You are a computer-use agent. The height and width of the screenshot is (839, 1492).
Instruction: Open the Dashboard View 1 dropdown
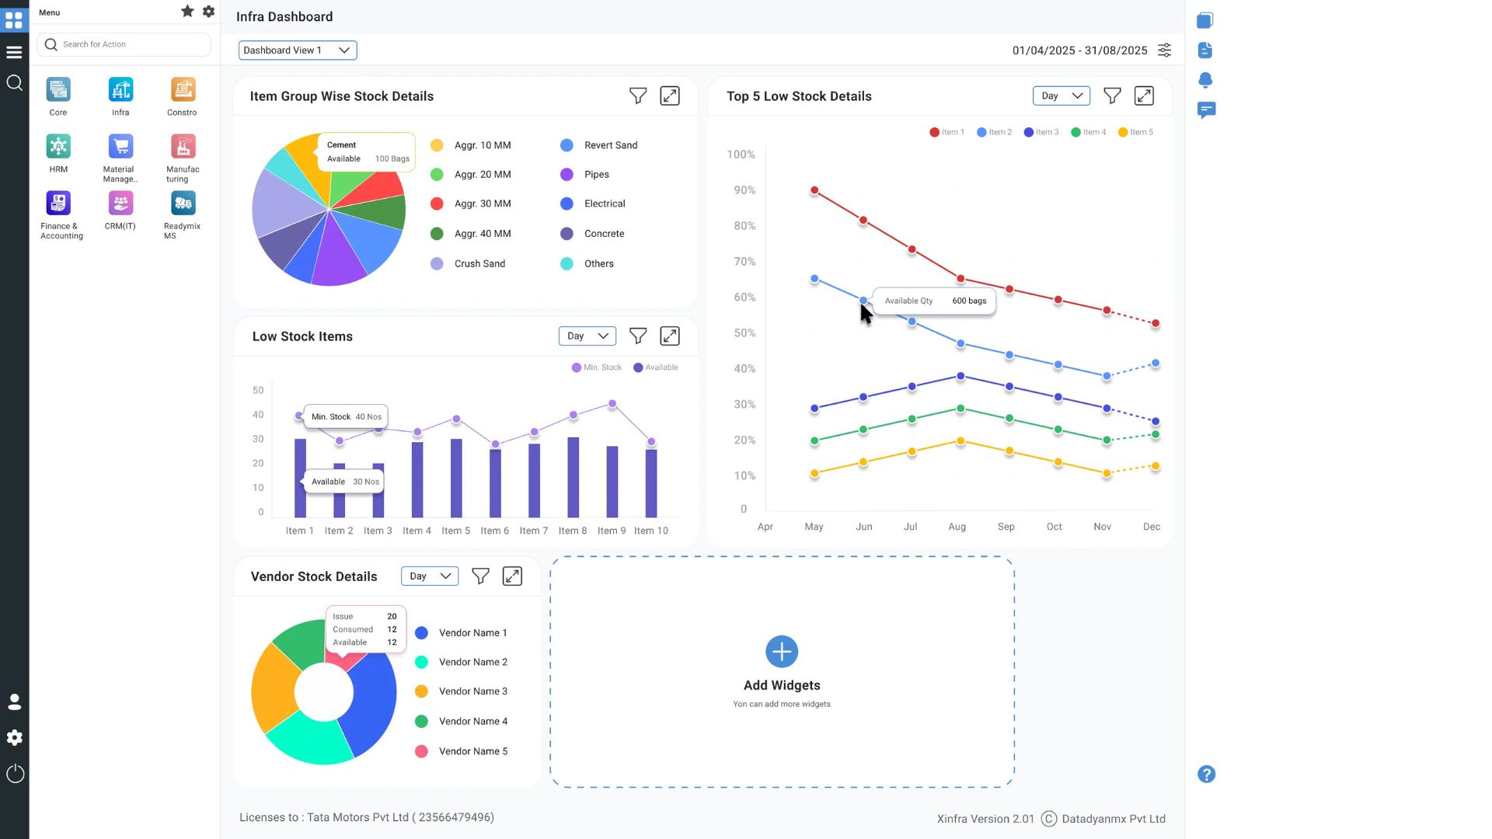pyautogui.click(x=297, y=50)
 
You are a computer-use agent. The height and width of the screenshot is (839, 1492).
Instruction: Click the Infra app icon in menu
pyautogui.click(x=120, y=90)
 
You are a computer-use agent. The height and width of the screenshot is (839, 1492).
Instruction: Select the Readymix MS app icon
pyautogui.click(x=183, y=204)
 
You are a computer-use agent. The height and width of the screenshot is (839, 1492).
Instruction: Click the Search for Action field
pyautogui.click(x=124, y=44)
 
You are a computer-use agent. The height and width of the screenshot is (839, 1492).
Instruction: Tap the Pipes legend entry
pyautogui.click(x=596, y=175)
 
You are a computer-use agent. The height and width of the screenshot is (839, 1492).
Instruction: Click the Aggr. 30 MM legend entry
pyautogui.click(x=482, y=204)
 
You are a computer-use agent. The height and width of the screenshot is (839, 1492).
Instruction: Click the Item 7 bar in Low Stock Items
pyautogui.click(x=534, y=480)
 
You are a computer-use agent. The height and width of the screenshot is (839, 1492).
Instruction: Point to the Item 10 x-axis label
pyautogui.click(x=650, y=531)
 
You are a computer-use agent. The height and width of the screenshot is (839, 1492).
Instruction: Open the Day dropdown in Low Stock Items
pyautogui.click(x=587, y=336)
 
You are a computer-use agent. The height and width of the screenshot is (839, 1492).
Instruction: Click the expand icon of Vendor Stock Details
pyautogui.click(x=512, y=576)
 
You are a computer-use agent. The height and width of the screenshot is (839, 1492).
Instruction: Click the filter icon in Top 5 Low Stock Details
pyautogui.click(x=1112, y=96)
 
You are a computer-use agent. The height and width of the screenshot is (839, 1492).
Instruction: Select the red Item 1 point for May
pyautogui.click(x=814, y=190)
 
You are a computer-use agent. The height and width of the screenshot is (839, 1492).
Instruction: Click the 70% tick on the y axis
pyautogui.click(x=744, y=262)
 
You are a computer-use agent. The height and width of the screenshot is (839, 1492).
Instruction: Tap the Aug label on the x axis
pyautogui.click(x=957, y=527)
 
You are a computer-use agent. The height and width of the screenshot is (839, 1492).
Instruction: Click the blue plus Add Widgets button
pyautogui.click(x=782, y=652)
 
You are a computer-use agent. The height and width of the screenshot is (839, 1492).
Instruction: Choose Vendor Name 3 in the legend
pyautogui.click(x=472, y=691)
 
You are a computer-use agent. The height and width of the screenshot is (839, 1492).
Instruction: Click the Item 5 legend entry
pyautogui.click(x=1136, y=132)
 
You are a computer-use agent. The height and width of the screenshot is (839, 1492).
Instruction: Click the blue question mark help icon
pyautogui.click(x=1206, y=775)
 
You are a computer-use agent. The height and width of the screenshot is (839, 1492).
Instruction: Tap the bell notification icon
pyautogui.click(x=1205, y=80)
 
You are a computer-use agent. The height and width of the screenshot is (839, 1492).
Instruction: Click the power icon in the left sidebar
pyautogui.click(x=15, y=774)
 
